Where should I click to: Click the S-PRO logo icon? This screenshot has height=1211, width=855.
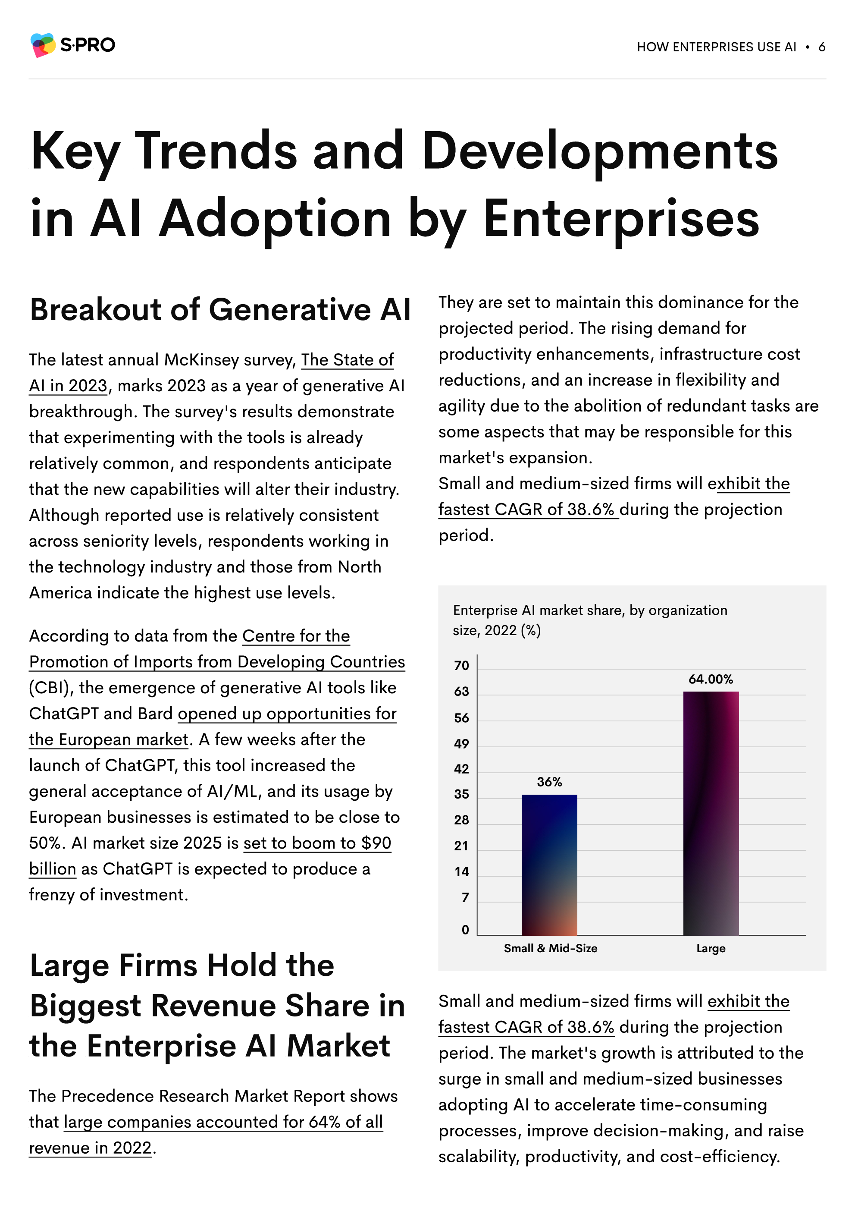[43, 45]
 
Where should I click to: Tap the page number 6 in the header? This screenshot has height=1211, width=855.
[821, 47]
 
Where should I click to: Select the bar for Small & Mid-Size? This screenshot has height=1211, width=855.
[549, 865]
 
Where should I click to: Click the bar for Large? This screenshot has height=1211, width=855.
[711, 813]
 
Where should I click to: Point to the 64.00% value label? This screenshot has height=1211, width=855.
[711, 679]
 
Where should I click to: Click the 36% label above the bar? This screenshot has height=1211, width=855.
[549, 782]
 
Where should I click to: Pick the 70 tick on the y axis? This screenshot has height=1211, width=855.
[461, 666]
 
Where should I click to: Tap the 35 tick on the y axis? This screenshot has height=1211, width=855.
[461, 794]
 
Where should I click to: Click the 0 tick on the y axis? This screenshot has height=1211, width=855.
[465, 930]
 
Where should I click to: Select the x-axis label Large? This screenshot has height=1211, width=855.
[711, 948]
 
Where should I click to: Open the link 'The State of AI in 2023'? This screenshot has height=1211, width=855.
[211, 373]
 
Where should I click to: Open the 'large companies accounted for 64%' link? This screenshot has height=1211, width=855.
[206, 1135]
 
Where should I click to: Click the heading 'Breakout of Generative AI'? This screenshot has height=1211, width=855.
[220, 310]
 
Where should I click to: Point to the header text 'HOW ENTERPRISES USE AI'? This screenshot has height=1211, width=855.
[716, 47]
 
